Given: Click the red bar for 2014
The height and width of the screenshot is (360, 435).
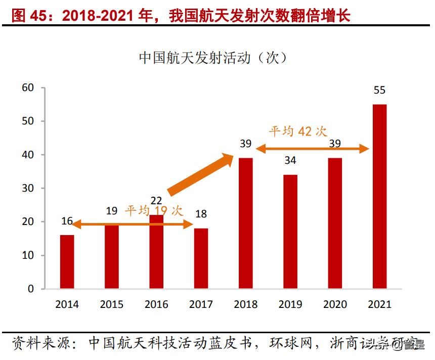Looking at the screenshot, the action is (x=67, y=262).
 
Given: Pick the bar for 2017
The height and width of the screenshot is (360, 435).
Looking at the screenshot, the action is (x=201, y=258).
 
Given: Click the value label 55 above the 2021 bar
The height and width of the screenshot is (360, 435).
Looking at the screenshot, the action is (x=379, y=91).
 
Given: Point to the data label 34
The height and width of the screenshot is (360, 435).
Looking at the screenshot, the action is (x=290, y=161).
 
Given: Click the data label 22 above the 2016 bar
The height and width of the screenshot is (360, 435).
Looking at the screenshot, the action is (x=156, y=201).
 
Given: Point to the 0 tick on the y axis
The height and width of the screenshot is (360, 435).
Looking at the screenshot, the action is (x=30, y=289).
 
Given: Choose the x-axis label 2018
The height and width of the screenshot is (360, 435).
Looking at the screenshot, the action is (x=245, y=304).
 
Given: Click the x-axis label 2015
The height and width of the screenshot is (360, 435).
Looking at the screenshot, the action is (x=111, y=304).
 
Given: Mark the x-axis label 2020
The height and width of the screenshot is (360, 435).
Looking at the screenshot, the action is (x=335, y=304).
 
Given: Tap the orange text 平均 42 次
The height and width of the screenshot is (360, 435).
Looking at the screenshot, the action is (x=298, y=131).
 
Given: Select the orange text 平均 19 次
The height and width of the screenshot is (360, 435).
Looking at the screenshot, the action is (x=154, y=210).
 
